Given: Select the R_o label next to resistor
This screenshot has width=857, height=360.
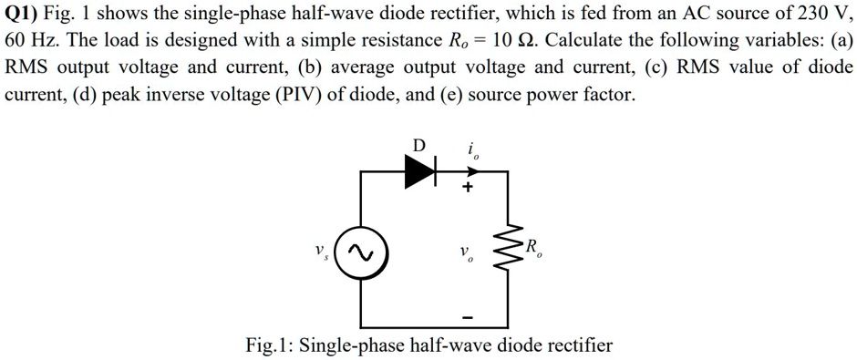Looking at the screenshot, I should (535, 247).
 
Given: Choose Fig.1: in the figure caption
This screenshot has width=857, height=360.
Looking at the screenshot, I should (269, 345).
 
